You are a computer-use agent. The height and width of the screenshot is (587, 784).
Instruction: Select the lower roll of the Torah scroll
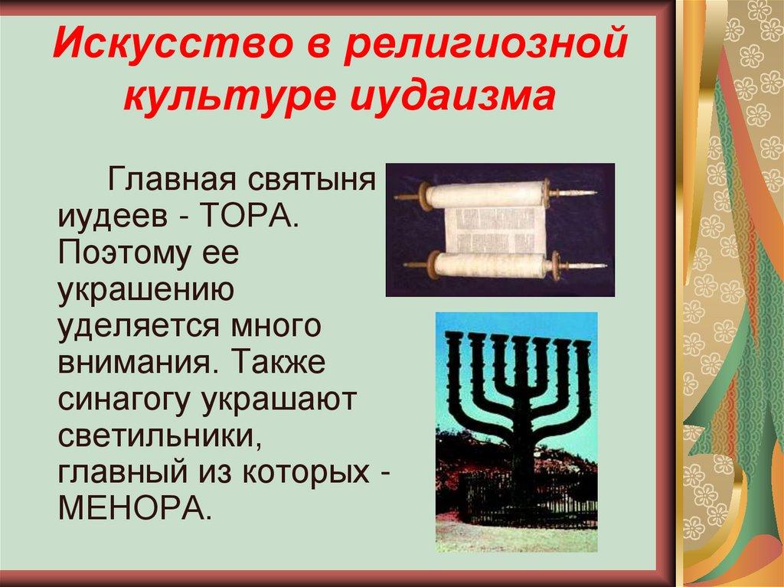[x=490, y=266]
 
